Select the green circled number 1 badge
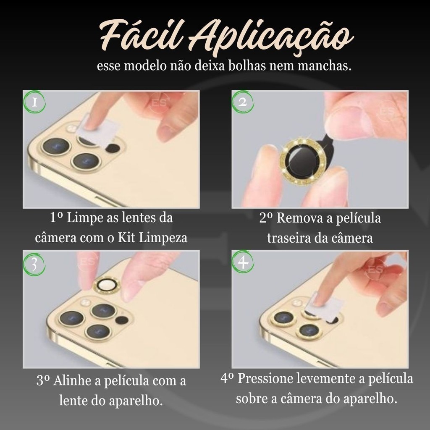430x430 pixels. point(34,102)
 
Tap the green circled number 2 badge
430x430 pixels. point(242,102)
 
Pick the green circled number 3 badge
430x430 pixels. point(34,264)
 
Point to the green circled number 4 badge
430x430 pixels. point(243,262)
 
